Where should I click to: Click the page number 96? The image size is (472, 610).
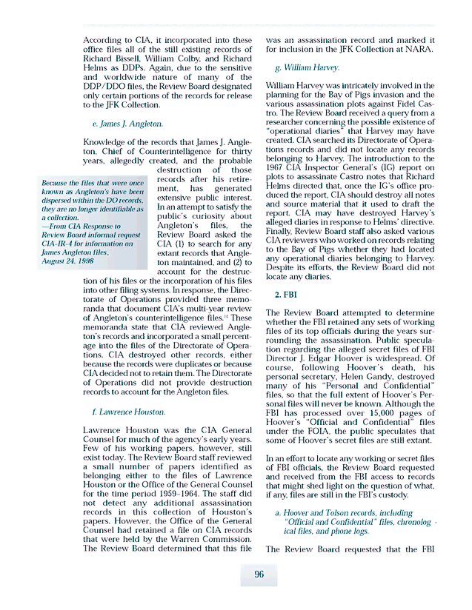[x=259, y=574]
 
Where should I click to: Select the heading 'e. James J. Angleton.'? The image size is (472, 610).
[x=127, y=124]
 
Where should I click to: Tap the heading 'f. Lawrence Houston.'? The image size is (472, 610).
[x=129, y=412]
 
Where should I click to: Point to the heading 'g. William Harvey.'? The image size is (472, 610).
[x=307, y=67]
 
